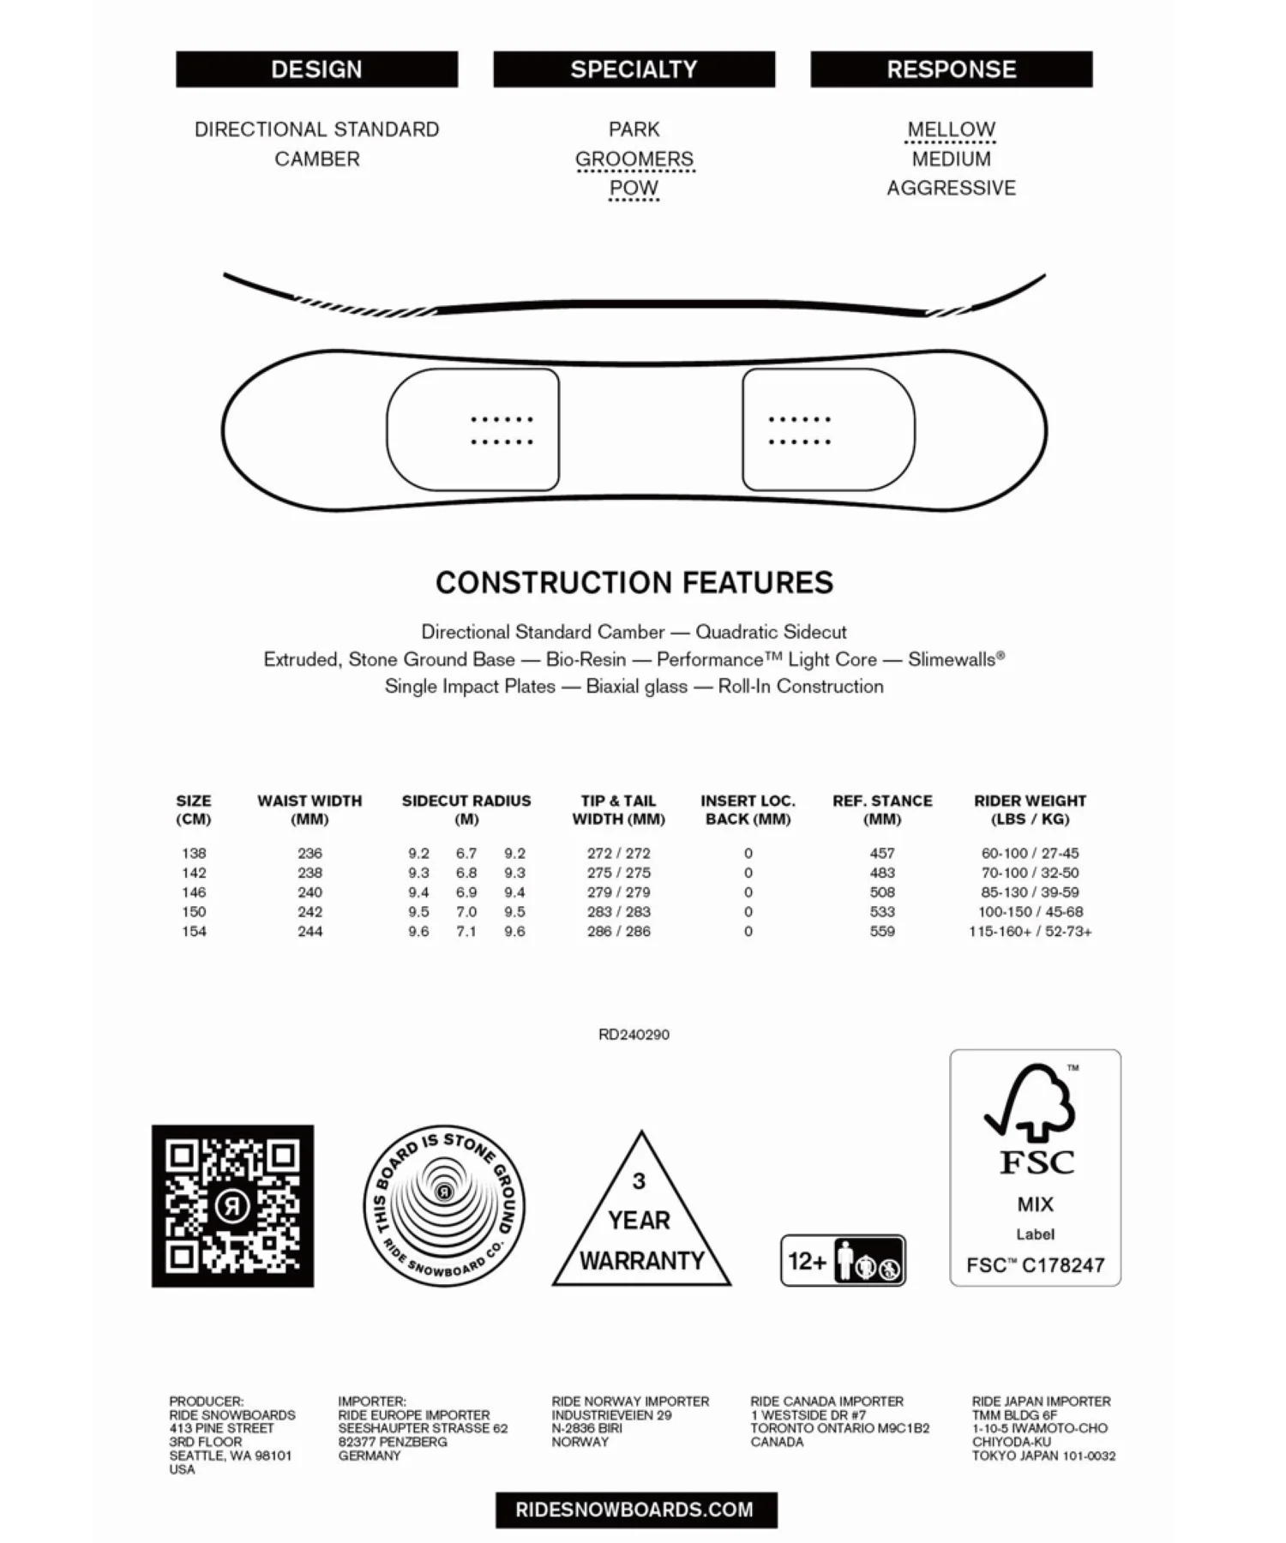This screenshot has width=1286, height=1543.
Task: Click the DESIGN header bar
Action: coord(316,69)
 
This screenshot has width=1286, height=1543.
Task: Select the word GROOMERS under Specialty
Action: coord(634,159)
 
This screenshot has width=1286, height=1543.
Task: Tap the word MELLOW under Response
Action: coord(951,129)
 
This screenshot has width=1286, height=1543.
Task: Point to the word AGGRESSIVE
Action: coord(951,188)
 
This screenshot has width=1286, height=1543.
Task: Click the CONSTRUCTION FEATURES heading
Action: coord(634,583)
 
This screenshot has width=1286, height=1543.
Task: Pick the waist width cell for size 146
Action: coord(309,892)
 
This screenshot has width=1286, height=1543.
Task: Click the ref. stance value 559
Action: coord(882,932)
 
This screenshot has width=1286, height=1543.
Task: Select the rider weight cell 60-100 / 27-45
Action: coord(1030,854)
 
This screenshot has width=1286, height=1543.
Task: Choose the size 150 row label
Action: coord(194,912)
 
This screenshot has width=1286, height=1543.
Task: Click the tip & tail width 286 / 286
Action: coord(618,932)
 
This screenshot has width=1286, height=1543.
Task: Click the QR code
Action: coord(232,1206)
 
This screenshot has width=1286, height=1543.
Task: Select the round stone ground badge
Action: coord(444,1206)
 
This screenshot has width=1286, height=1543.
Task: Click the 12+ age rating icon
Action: coord(843,1261)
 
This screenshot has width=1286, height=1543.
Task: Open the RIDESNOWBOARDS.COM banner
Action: coord(635,1510)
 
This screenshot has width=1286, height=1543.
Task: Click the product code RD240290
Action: coord(634,1035)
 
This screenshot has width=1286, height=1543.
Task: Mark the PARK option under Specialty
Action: coord(634,129)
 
